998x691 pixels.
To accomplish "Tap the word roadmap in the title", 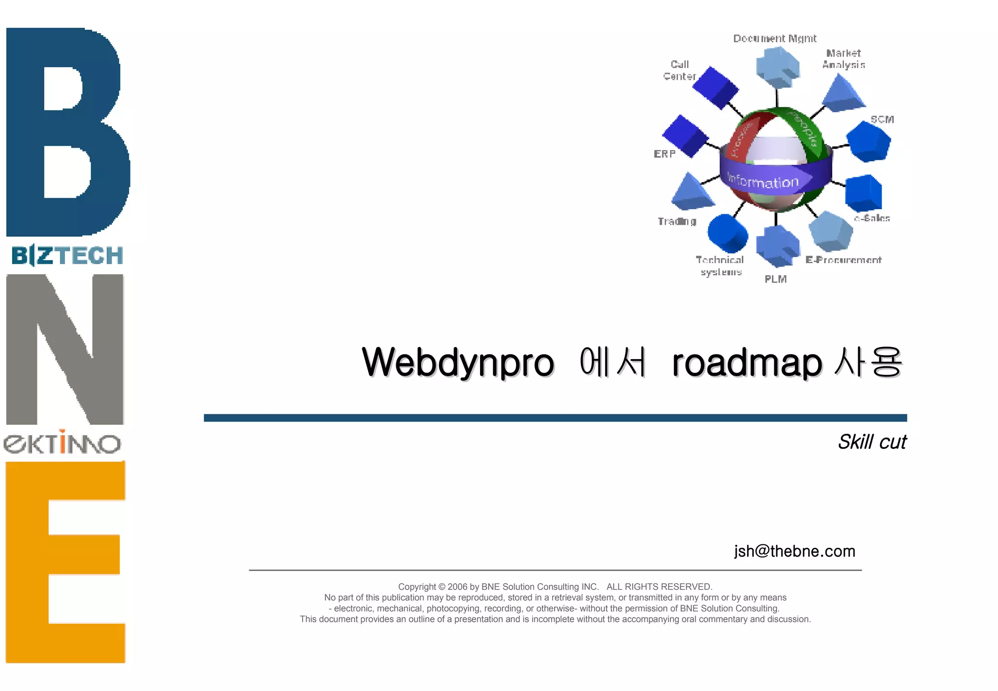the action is click(x=747, y=363).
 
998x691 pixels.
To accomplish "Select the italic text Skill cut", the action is click(x=872, y=442).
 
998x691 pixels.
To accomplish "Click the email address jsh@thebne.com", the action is click(x=794, y=551).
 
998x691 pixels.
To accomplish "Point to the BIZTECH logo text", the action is click(x=67, y=255).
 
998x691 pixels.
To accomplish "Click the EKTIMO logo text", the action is click(x=62, y=442).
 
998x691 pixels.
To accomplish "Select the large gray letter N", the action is click(x=65, y=349).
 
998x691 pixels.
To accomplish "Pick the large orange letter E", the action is click(x=65, y=561).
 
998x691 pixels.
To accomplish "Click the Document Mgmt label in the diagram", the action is click(x=774, y=38).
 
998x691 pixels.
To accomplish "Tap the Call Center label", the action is click(x=679, y=71).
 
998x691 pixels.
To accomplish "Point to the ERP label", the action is click(x=664, y=154).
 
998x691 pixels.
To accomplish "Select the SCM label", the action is click(x=882, y=119).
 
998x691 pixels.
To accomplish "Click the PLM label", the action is click(x=775, y=279).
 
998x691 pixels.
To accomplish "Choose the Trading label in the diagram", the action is click(x=677, y=221).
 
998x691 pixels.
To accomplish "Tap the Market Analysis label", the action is click(x=844, y=59).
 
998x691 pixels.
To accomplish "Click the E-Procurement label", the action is click(x=843, y=260).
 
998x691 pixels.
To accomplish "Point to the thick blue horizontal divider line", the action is click(x=555, y=418).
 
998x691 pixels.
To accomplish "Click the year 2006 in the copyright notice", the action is click(x=457, y=587).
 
